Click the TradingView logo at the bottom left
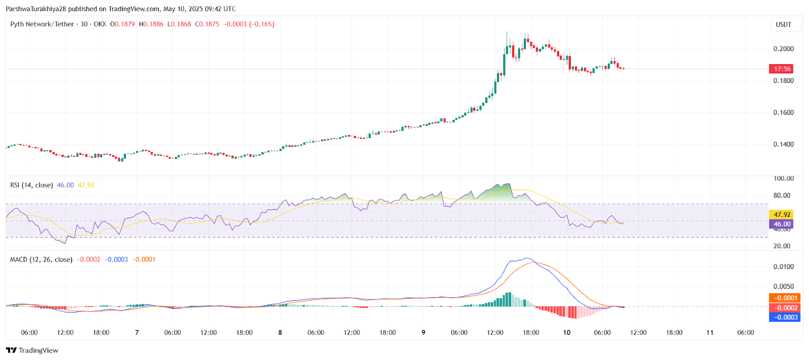tap(32, 350)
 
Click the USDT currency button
tap(783, 24)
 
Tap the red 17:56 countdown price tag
tap(782, 69)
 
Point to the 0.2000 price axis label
tap(783, 49)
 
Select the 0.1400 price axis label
tap(783, 145)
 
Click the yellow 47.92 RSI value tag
tap(782, 214)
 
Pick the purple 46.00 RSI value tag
tap(782, 224)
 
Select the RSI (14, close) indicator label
tap(31, 185)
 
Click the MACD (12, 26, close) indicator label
tap(41, 259)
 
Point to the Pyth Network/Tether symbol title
tap(42, 24)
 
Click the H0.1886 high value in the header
tap(151, 24)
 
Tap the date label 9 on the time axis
tap(423, 333)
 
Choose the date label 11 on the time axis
tap(710, 333)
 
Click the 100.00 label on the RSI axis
tap(783, 178)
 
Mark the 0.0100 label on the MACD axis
tap(783, 267)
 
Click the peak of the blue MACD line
tap(527, 258)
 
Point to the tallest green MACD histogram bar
tap(509, 299)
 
